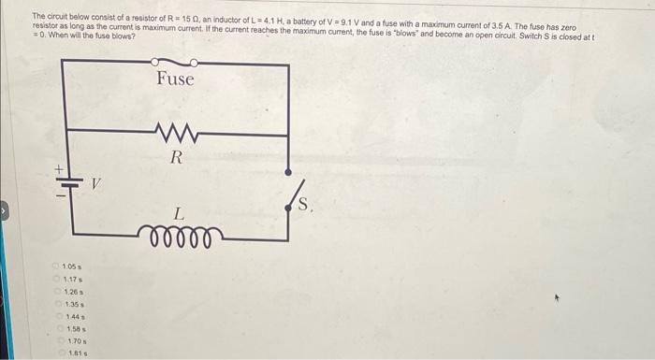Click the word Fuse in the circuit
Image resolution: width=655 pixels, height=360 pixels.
tap(175, 79)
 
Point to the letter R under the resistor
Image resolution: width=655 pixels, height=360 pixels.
tap(175, 157)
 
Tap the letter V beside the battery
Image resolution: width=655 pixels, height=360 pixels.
tap(95, 184)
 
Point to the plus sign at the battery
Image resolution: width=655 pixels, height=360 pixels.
tap(58, 169)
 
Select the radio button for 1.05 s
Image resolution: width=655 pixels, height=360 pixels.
tap(55, 268)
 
